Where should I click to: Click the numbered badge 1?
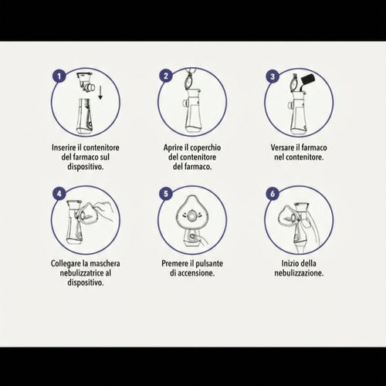click(59, 76)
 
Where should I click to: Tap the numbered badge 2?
click(166, 76)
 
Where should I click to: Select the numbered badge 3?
click(273, 76)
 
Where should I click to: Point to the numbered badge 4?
click(59, 193)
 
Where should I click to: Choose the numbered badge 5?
click(166, 193)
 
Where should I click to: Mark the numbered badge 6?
click(273, 193)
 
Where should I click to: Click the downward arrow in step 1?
click(100, 93)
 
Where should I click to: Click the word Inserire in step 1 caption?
click(64, 147)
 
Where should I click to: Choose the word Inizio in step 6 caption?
click(288, 263)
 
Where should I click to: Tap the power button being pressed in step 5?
click(191, 236)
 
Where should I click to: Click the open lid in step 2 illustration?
click(189, 81)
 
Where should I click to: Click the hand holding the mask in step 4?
click(104, 211)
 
